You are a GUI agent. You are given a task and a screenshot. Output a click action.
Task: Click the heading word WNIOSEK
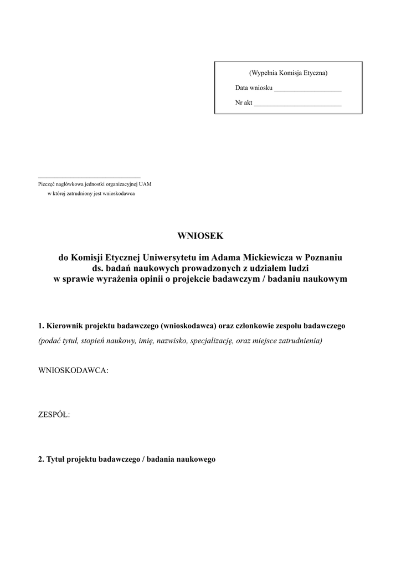(200, 236)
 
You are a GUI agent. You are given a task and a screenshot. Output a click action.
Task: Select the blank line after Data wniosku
(307, 89)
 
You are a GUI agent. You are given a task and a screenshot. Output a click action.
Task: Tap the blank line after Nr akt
(297, 104)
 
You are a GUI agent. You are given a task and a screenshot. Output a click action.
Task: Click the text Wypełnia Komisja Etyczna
(288, 73)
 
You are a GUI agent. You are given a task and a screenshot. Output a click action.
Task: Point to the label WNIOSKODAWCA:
(73, 370)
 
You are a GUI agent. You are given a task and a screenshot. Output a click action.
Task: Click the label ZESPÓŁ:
(54, 415)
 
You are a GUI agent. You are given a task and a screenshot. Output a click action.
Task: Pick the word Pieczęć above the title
(46, 184)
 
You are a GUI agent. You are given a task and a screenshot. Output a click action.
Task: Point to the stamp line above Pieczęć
(89, 177)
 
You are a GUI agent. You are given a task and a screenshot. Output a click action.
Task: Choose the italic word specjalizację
(210, 341)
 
